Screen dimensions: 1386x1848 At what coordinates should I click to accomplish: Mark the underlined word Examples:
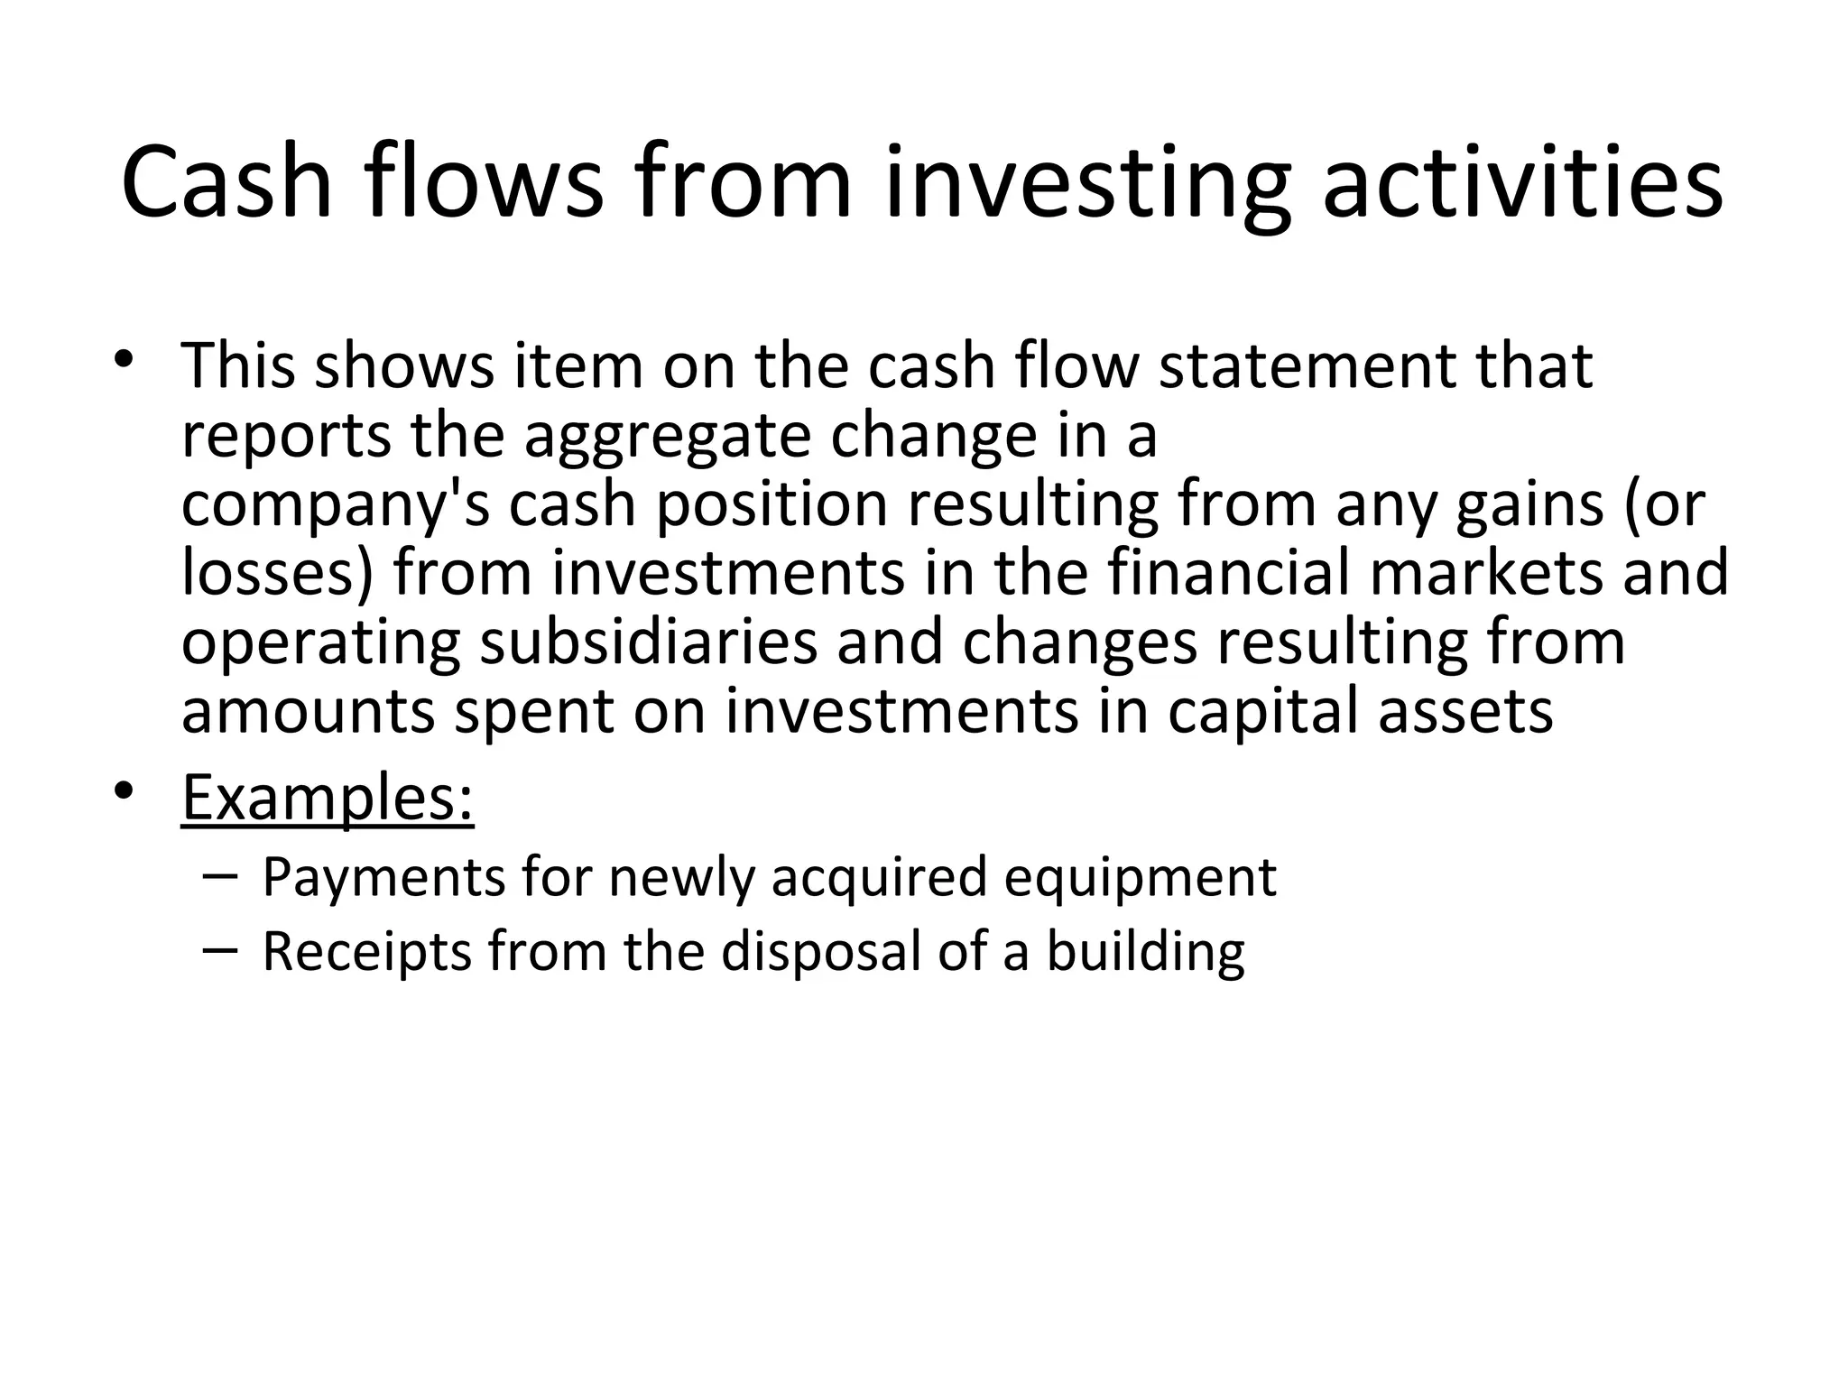[328, 798]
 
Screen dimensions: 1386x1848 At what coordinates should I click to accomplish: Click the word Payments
[383, 877]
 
